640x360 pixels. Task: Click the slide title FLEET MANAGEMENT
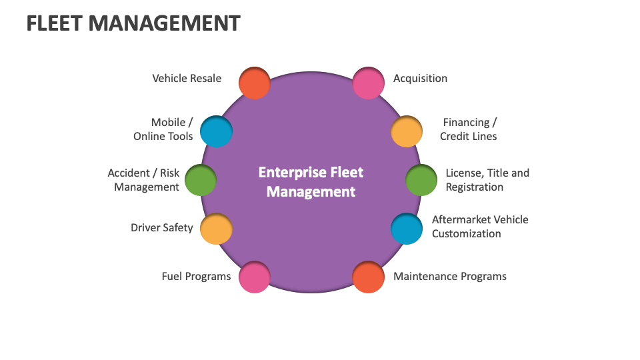click(x=133, y=23)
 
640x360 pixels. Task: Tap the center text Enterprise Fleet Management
click(x=311, y=182)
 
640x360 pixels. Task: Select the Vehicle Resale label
click(x=187, y=78)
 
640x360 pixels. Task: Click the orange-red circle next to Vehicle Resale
click(x=254, y=83)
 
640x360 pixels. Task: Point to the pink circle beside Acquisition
click(x=368, y=83)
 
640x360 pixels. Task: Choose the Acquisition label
click(x=420, y=78)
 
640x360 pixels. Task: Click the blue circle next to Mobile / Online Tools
click(x=216, y=131)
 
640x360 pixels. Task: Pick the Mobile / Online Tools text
click(x=164, y=129)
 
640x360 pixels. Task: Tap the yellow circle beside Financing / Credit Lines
click(x=406, y=131)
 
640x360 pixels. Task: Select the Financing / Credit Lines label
click(x=469, y=129)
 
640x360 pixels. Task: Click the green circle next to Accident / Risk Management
click(x=200, y=180)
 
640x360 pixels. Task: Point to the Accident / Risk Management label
click(x=145, y=180)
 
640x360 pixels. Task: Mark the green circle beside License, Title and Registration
click(x=421, y=180)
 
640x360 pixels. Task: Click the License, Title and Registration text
click(x=487, y=180)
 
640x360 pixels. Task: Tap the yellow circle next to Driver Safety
click(x=216, y=229)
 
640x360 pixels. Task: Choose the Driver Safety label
click(x=161, y=227)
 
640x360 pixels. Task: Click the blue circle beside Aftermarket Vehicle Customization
click(x=406, y=229)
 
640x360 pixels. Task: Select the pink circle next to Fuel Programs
click(x=254, y=277)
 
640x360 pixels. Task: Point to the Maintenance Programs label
click(x=449, y=276)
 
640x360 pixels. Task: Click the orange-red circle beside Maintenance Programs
click(x=368, y=277)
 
